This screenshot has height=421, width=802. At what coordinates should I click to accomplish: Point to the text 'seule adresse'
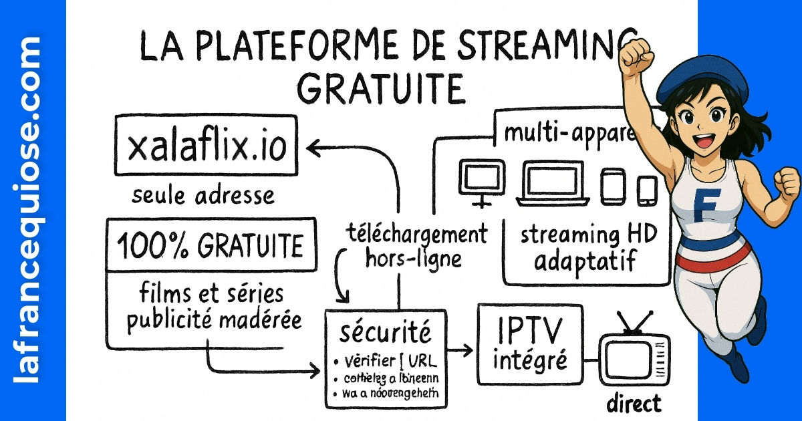point(203,195)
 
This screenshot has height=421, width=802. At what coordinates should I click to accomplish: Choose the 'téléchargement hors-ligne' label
point(417,246)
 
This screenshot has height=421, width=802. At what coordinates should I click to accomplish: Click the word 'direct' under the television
point(634,403)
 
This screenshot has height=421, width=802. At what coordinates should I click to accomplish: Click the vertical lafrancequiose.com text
point(27,210)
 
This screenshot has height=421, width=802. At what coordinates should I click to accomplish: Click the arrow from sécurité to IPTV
point(461,349)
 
